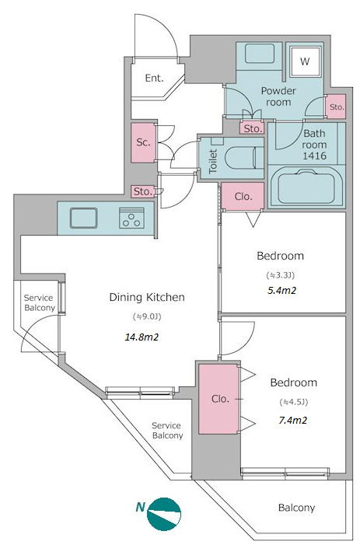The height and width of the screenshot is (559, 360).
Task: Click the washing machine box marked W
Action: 304,61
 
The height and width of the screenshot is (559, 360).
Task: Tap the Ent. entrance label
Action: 154,78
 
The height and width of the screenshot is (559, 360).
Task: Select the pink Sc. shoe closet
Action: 143,142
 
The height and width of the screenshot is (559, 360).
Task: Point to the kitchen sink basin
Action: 83,218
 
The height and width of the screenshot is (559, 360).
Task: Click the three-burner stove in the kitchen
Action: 132,218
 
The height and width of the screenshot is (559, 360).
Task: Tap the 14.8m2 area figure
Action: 142,337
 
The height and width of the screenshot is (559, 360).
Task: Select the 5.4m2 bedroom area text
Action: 281,291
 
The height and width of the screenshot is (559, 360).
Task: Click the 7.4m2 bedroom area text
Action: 292,421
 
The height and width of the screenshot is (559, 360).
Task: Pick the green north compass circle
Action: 164,515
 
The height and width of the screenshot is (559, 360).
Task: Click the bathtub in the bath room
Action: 306,187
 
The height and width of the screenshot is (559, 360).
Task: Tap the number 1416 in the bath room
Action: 314,155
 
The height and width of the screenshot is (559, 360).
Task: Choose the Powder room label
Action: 278,96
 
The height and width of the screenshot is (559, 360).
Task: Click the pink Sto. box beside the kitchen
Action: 142,192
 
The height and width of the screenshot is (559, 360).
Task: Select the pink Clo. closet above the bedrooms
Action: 243,197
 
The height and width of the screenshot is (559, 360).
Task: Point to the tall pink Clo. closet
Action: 218,399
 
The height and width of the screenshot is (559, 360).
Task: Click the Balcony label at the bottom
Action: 296,508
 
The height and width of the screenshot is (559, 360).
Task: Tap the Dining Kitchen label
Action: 147,297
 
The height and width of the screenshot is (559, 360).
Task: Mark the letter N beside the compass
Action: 141,507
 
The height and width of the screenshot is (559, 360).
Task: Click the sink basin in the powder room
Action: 260,54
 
